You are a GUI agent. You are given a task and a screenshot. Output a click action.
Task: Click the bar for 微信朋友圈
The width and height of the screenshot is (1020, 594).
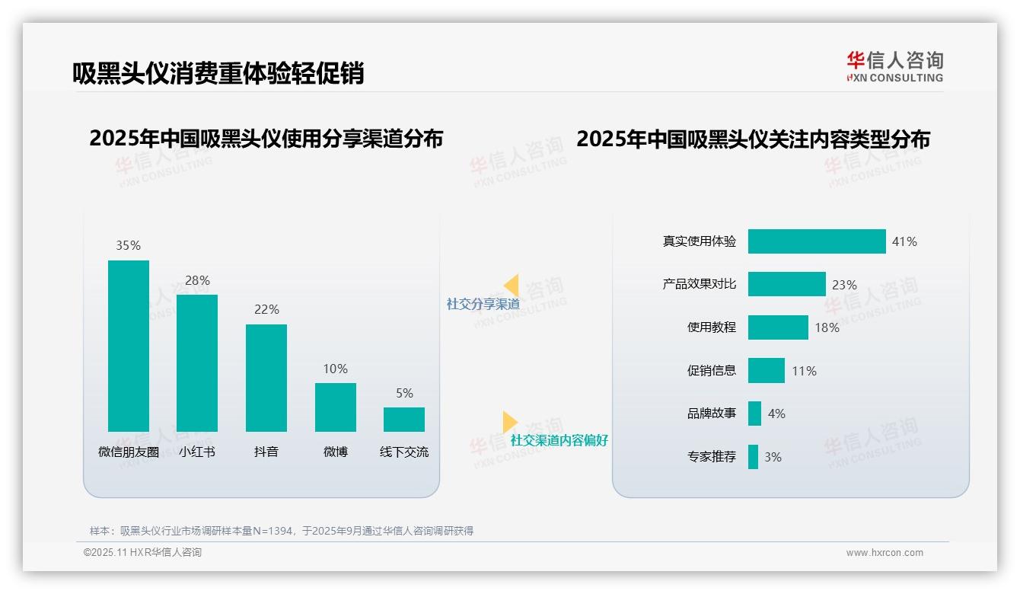(129, 346)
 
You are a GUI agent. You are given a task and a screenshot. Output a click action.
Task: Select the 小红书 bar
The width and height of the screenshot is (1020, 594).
(197, 362)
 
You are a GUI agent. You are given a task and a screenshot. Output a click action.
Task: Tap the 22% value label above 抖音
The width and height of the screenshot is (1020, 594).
(266, 309)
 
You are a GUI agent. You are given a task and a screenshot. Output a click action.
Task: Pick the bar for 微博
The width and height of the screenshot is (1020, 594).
(336, 407)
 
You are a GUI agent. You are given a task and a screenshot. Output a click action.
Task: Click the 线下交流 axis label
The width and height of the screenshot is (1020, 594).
(404, 452)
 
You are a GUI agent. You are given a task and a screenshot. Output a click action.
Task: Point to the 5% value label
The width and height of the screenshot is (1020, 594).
(404, 393)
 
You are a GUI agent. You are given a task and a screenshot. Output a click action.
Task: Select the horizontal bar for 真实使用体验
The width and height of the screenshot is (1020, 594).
(817, 241)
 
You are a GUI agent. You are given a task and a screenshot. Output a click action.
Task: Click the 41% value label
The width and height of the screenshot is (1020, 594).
(904, 241)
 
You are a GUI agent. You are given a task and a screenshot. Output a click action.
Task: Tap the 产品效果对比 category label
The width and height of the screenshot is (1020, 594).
(700, 284)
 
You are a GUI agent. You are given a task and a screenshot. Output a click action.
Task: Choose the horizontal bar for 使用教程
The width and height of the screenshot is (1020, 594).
(778, 327)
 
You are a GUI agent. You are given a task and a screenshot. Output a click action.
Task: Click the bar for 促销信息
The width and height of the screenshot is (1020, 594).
(766, 371)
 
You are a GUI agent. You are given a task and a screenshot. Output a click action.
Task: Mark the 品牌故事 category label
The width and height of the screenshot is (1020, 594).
(712, 414)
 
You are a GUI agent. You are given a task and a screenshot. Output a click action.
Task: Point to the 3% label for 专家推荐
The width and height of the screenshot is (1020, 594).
(773, 457)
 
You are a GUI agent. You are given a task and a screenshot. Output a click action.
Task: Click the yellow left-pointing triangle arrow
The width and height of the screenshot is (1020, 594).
(512, 286)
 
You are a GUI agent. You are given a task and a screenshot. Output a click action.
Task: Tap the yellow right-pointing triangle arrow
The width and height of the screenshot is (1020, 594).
(509, 422)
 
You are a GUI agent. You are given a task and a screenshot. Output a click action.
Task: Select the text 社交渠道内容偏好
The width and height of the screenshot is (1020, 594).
(559, 440)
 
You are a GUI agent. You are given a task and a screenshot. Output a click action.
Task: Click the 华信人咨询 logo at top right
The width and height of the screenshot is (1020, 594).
(894, 66)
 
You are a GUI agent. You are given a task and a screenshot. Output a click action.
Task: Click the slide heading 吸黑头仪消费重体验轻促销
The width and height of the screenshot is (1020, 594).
(218, 73)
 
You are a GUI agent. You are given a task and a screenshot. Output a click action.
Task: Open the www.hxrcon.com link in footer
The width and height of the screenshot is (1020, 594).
(885, 553)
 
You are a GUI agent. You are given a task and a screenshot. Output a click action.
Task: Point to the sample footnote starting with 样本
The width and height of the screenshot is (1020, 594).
(282, 531)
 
